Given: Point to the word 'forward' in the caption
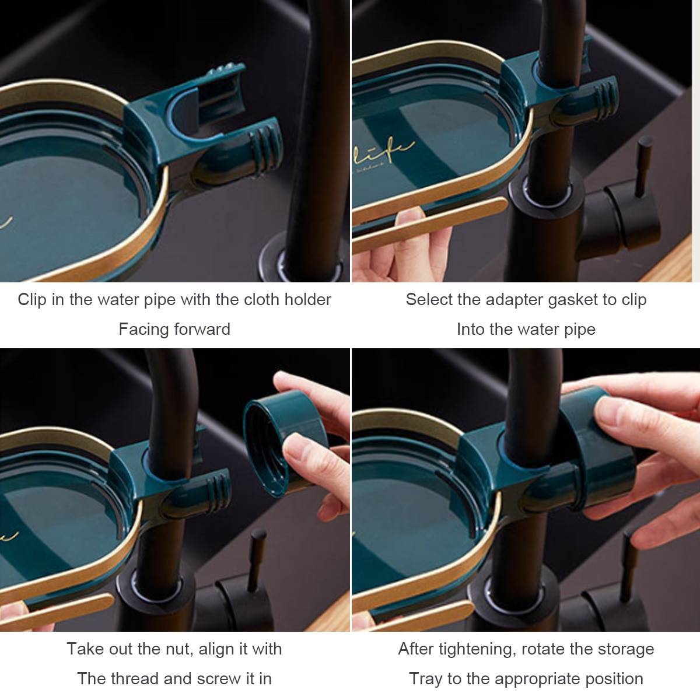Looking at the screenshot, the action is pyautogui.click(x=202, y=330).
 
